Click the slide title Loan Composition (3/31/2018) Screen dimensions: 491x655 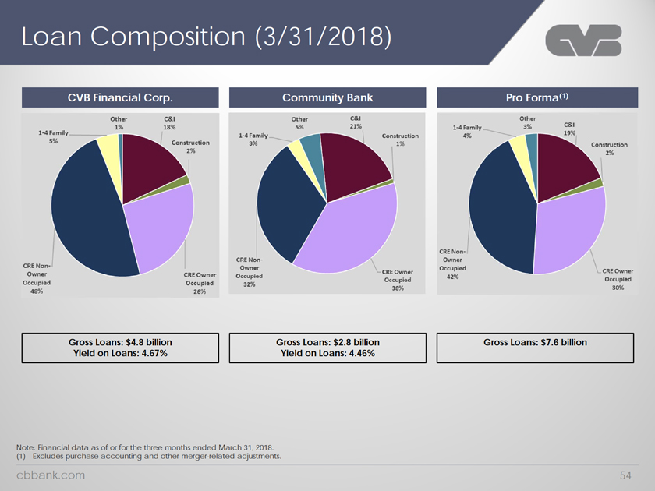click(206, 36)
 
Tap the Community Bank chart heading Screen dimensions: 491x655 click(327, 97)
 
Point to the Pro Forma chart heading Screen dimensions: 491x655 click(535, 97)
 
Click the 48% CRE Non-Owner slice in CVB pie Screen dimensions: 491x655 click(82, 210)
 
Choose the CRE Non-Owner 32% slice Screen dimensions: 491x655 click(285, 210)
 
